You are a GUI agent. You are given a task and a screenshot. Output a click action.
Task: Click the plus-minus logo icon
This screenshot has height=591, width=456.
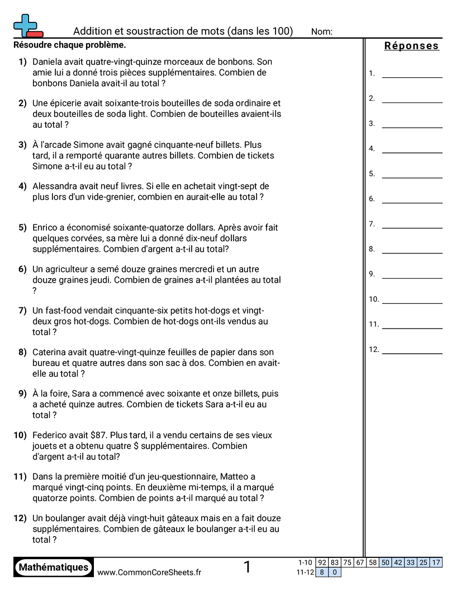coord(27,26)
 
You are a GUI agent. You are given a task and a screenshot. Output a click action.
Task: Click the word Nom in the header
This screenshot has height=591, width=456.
coord(321,31)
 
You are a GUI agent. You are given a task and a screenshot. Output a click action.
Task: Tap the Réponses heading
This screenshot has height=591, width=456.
coord(411,46)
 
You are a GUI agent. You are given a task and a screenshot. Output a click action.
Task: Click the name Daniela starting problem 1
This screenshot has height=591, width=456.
coord(49,62)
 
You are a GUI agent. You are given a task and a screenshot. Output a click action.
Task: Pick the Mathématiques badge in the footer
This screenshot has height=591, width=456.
coord(54,567)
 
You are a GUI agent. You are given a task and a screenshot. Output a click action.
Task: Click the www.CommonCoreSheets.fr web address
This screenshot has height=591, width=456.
coord(149,572)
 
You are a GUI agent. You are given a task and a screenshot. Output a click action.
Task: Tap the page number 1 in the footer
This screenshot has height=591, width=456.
coord(247,567)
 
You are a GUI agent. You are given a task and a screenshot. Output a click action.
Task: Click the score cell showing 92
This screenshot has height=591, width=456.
coord(322,562)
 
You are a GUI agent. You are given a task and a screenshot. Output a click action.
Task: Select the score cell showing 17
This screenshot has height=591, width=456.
coord(436,562)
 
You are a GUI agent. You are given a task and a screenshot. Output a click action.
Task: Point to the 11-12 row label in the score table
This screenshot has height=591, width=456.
coord(305,572)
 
